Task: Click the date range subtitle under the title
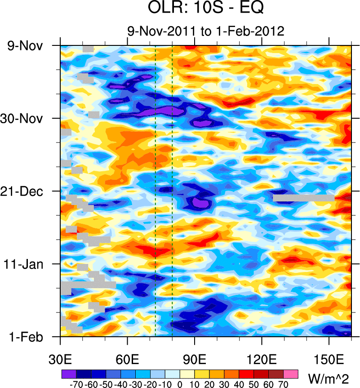pos(205,31)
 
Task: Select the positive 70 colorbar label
pos(283,384)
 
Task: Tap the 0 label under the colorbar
pos(180,384)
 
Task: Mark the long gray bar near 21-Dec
pos(303,198)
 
